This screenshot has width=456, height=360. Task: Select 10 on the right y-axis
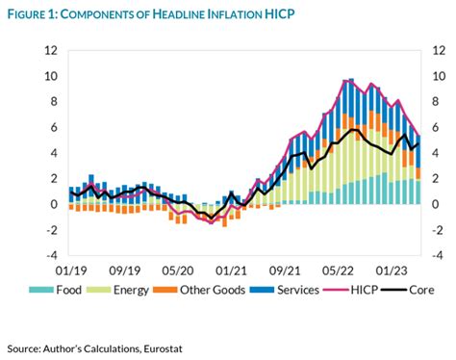coord(439,76)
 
